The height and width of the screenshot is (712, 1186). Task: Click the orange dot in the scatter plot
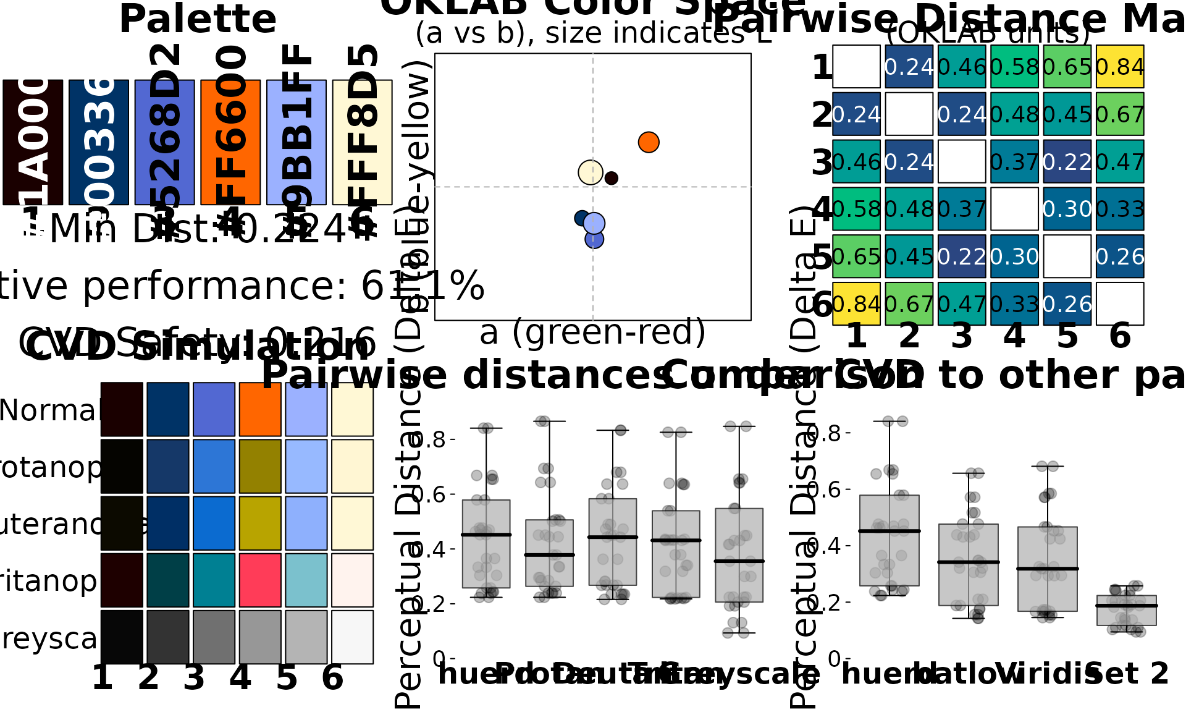[x=649, y=142]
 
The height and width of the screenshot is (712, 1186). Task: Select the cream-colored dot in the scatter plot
[x=591, y=172]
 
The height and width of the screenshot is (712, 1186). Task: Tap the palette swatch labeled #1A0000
[x=33, y=142]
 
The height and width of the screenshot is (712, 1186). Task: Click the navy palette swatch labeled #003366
[x=99, y=142]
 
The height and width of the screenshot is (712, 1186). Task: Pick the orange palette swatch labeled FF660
[x=230, y=142]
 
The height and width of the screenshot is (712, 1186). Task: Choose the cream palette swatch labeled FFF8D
[x=362, y=142]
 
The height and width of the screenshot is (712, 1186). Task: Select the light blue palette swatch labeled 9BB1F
[x=296, y=142]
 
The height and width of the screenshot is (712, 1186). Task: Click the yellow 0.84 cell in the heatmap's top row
[x=1120, y=67]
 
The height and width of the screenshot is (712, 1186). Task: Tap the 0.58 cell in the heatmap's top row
[x=1014, y=67]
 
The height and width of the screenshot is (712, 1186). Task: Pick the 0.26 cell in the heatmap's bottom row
[x=1067, y=303]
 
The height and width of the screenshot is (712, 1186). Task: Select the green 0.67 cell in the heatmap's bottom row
[x=909, y=303]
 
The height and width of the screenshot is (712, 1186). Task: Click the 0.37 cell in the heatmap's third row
[x=1014, y=161]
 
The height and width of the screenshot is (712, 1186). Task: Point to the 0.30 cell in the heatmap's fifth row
[x=1014, y=256]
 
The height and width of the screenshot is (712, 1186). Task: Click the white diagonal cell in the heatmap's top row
[x=856, y=67]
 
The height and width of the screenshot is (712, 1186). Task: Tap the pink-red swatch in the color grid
[x=260, y=580]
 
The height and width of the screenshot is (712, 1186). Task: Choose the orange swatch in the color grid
[x=260, y=409]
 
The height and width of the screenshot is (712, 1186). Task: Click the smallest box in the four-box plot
[x=1126, y=611]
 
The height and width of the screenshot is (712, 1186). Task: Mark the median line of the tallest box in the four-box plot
[x=889, y=531]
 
